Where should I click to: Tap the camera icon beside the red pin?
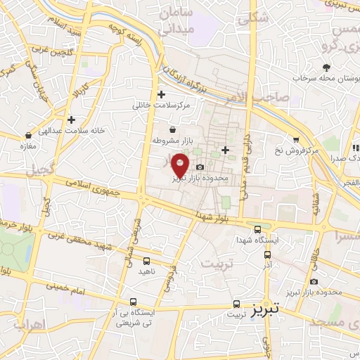point(201,167)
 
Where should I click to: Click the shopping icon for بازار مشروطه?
point(172,129)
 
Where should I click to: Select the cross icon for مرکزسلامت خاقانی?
point(161,94)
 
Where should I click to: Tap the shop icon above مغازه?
point(28,134)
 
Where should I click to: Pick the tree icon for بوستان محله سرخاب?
point(326,67)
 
